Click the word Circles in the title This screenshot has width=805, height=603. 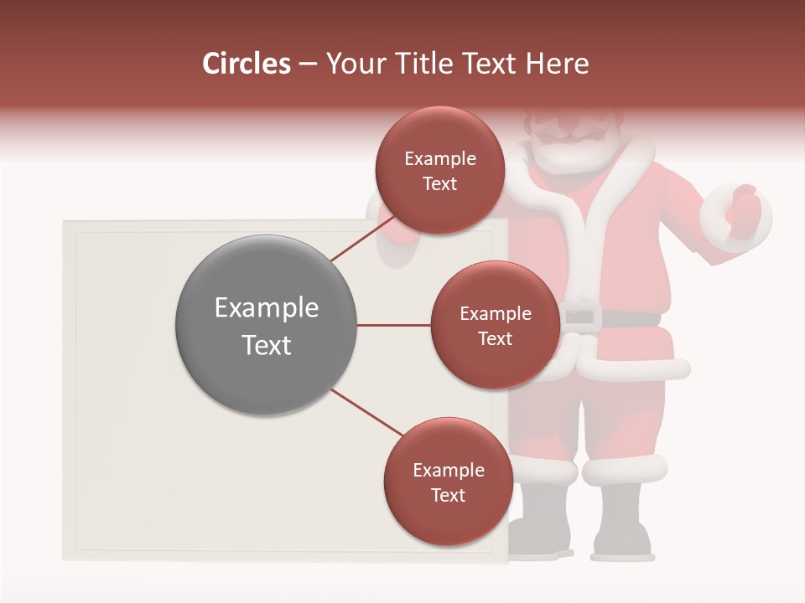pos(246,64)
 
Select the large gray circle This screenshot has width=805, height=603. pos(266,326)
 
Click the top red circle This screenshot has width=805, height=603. pos(439,170)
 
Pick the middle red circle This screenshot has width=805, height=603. pos(495,325)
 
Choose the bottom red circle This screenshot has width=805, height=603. pos(448,482)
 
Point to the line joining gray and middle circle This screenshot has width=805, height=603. pos(393,325)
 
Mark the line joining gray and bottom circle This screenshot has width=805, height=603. pos(365,412)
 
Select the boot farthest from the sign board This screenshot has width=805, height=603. pos(622,523)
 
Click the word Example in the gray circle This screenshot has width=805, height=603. pos(266,308)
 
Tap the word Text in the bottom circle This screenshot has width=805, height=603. pos(448,495)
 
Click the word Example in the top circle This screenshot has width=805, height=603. pos(439,158)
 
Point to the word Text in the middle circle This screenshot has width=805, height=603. pos(495,338)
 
